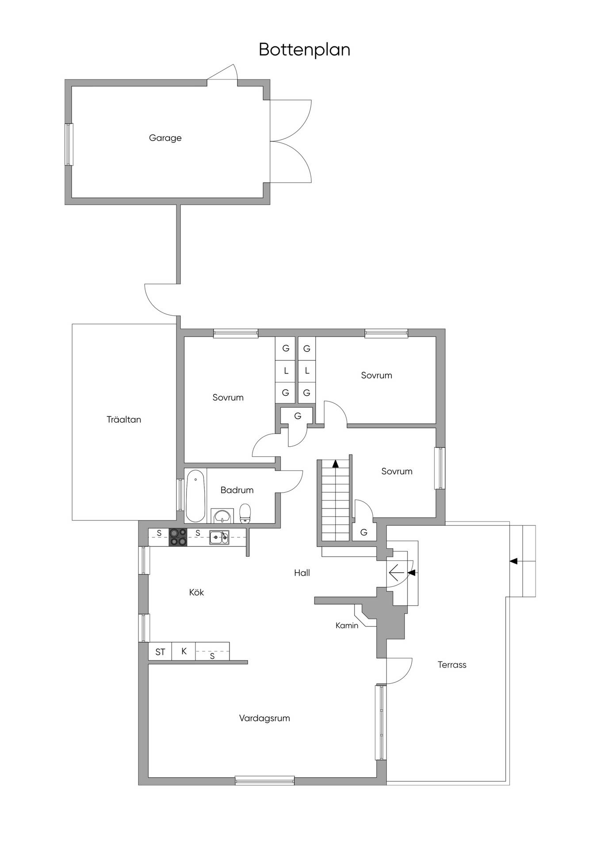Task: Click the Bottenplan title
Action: [x=304, y=50]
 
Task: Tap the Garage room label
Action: [x=165, y=138]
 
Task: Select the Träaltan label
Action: [x=124, y=419]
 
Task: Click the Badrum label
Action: [x=237, y=490]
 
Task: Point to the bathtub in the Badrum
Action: [x=195, y=496]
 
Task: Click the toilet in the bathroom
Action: [x=245, y=513]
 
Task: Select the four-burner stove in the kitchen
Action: [x=178, y=537]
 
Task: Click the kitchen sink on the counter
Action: [x=219, y=537]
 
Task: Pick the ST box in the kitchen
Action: [x=160, y=652]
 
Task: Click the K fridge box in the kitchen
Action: [x=183, y=651]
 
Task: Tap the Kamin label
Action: [x=347, y=626]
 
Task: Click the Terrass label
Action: [x=452, y=665]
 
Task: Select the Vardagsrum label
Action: [x=264, y=719]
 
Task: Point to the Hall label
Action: [x=302, y=573]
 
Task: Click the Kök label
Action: [x=196, y=592]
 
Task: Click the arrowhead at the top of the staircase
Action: [x=335, y=464]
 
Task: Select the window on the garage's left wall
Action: [x=69, y=145]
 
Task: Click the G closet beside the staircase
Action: [x=364, y=532]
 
